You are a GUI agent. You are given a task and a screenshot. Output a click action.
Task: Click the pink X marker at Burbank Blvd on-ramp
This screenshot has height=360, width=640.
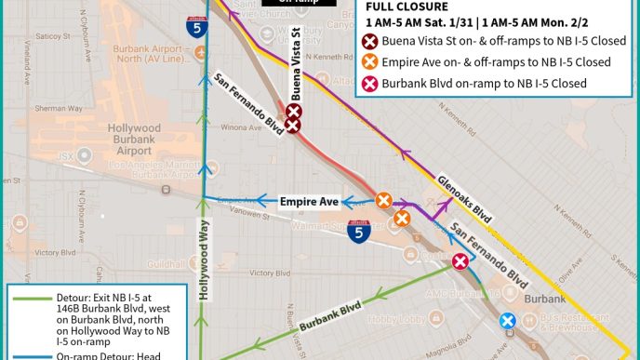[x=460, y=262]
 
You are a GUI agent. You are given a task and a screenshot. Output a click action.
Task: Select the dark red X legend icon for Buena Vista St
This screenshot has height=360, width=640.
[x=369, y=41]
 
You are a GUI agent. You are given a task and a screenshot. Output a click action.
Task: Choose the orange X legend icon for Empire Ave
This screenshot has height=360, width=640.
[x=369, y=62]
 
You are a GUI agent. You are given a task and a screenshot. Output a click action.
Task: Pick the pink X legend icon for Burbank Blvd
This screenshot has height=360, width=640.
[x=369, y=83]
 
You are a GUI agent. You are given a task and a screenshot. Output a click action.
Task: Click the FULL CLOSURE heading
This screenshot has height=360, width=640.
[x=408, y=6]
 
